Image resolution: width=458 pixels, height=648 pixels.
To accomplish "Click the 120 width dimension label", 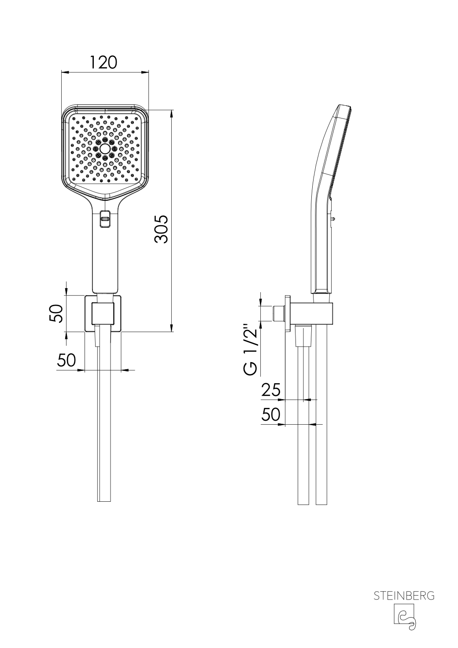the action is (103, 63).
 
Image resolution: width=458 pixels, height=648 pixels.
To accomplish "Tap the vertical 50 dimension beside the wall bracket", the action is (56, 313).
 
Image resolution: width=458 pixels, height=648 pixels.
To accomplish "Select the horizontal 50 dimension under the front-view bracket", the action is (66, 360).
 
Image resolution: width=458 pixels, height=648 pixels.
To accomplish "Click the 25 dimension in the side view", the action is (271, 390).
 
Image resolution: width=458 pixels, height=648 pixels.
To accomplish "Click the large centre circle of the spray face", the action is (105, 149).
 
